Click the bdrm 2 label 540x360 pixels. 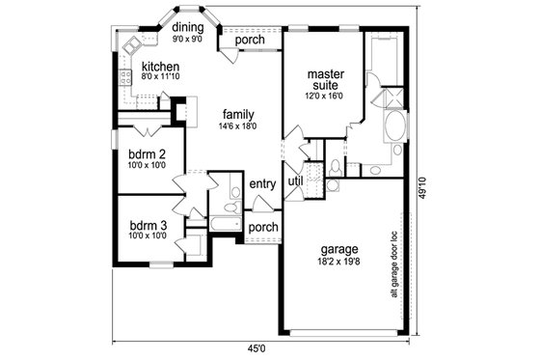[x=148, y=154]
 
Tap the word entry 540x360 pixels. [x=262, y=184]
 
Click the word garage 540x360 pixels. [x=342, y=247]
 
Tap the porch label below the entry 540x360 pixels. [x=262, y=228]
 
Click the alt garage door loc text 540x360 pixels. [x=393, y=263]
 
